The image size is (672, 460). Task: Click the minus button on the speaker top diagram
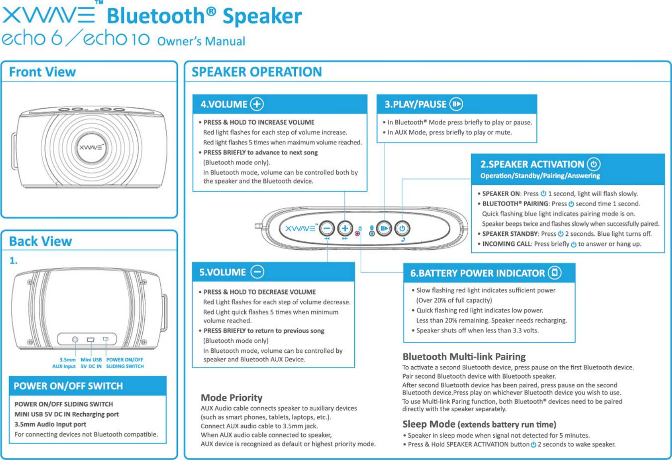(x=327, y=229)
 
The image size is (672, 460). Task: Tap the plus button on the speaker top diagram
(x=345, y=229)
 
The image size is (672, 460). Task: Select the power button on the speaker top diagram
(x=402, y=229)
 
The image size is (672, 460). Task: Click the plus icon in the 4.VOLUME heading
(x=257, y=104)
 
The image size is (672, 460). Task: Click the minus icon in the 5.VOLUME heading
(x=257, y=272)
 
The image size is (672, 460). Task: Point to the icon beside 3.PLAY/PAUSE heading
(x=456, y=104)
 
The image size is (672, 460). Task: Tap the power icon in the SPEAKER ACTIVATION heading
(x=593, y=164)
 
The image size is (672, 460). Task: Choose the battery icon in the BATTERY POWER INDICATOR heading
(x=554, y=273)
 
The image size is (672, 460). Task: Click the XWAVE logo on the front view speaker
(x=91, y=148)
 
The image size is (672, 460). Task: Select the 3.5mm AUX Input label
(x=64, y=363)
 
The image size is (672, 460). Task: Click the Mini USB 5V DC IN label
(x=91, y=363)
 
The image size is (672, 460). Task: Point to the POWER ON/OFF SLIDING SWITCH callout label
(x=125, y=363)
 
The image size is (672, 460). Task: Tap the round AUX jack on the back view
(x=75, y=340)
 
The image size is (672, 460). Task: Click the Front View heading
(x=42, y=72)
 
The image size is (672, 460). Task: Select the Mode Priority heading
(x=232, y=397)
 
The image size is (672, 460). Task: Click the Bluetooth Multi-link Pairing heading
(x=464, y=356)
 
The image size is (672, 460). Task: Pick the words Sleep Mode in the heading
(x=428, y=424)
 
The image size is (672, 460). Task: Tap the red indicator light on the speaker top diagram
(x=358, y=233)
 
